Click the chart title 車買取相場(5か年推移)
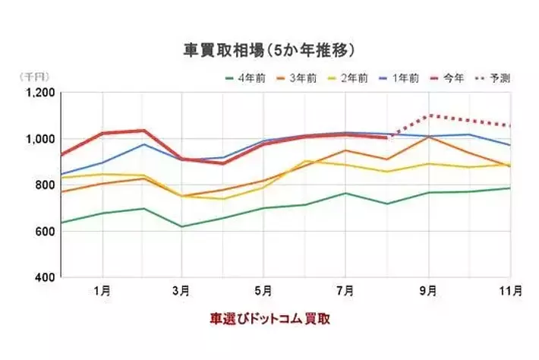pos(269,51)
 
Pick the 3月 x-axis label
pos(182,290)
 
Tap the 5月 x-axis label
pos(263,290)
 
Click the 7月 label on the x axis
pos(345,290)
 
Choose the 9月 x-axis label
pos(427,290)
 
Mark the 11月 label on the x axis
pos(509,290)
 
